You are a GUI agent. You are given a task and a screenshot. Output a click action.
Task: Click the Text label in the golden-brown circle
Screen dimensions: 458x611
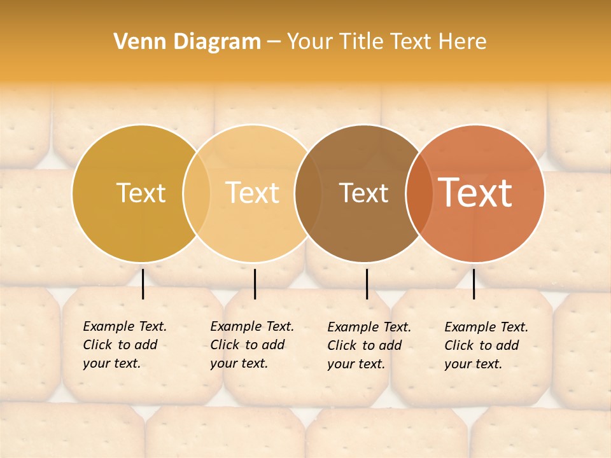point(141,193)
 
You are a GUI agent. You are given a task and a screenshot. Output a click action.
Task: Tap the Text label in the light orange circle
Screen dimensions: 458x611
point(252,193)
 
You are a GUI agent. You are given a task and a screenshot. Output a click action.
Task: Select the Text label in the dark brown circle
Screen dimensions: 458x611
point(363,193)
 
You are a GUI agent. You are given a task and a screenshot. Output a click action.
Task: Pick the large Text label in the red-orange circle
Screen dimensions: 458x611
point(475,193)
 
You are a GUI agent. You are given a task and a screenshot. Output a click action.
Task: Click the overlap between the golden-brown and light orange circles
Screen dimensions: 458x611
point(197,193)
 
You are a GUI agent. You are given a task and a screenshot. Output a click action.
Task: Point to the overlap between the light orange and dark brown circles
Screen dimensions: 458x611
point(308,193)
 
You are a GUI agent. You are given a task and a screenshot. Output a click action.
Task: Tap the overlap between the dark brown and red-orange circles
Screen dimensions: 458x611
point(418,193)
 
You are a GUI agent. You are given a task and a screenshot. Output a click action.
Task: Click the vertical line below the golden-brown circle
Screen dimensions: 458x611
point(143,284)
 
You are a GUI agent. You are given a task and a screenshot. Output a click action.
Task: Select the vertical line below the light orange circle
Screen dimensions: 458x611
point(255,284)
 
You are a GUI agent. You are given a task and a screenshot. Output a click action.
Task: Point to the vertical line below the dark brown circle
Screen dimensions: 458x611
point(367,284)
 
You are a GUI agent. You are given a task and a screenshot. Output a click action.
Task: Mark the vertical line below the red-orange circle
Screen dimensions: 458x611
point(474,284)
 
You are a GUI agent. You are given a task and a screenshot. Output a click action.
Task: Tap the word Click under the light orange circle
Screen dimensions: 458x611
point(224,345)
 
